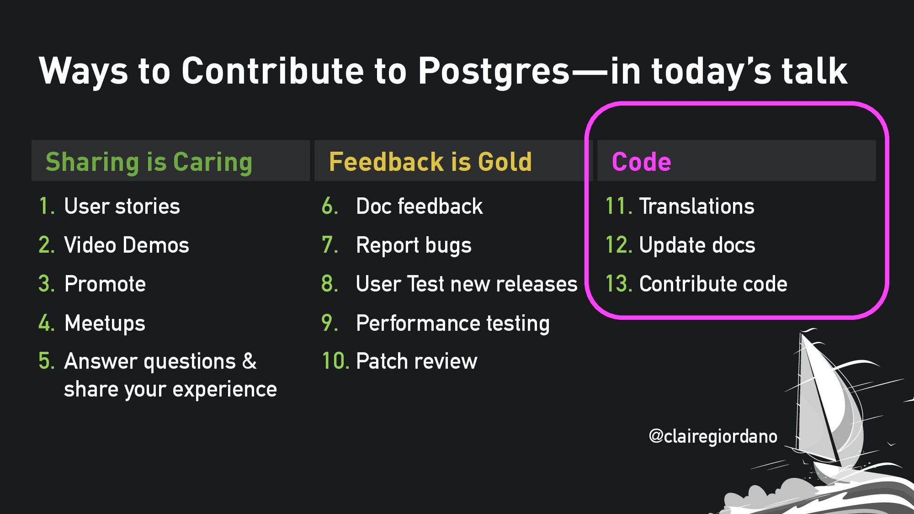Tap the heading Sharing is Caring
click(x=149, y=162)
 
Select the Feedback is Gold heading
click(x=430, y=162)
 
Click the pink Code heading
click(x=641, y=162)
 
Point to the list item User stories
click(x=122, y=207)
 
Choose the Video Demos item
click(x=127, y=245)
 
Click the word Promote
click(x=105, y=284)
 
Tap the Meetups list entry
click(x=105, y=324)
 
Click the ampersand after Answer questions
click(x=249, y=361)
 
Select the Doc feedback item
click(x=419, y=207)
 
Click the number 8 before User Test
click(x=329, y=284)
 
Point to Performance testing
click(x=453, y=324)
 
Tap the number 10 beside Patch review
click(x=336, y=361)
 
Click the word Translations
click(x=696, y=207)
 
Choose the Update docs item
click(x=697, y=246)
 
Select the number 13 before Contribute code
click(x=619, y=284)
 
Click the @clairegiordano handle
click(x=713, y=436)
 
